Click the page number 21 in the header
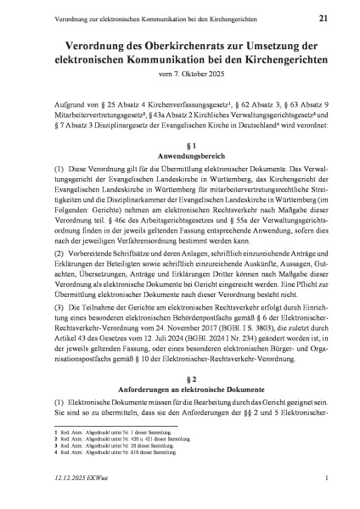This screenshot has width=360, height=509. pyautogui.click(x=323, y=17)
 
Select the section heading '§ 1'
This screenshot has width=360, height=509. pyautogui.click(x=179, y=147)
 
